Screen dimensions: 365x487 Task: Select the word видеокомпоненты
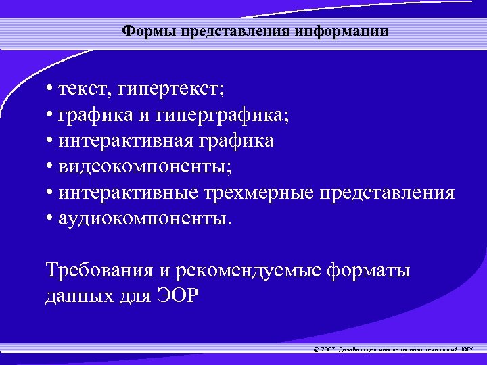(x=143, y=167)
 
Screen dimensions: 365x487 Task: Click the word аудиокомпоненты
(x=144, y=218)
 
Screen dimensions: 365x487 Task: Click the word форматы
(x=369, y=270)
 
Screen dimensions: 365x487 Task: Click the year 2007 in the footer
(x=327, y=349)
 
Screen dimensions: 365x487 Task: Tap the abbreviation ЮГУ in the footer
(x=467, y=349)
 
